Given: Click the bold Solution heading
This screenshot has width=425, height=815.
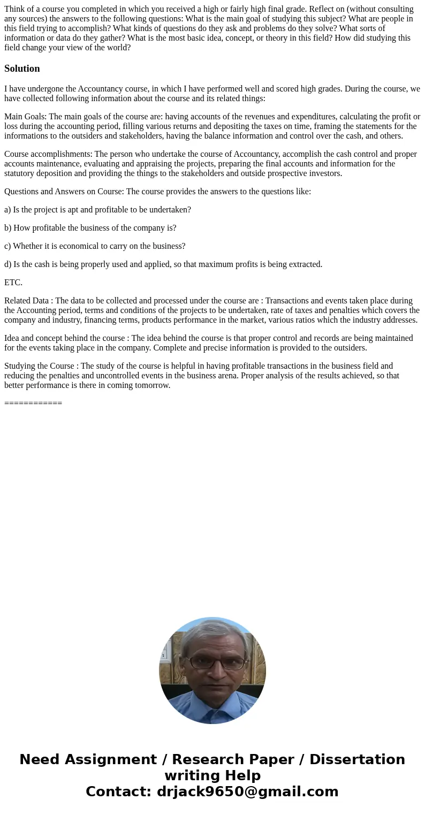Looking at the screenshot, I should click(x=22, y=68).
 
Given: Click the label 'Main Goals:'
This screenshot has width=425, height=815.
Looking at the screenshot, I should click(x=25, y=117).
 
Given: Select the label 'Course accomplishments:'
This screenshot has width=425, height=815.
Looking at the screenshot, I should click(x=48, y=154).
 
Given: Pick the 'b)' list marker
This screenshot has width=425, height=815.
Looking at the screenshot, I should click(x=8, y=228).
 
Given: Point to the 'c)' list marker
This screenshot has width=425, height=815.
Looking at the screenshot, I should click(x=7, y=246).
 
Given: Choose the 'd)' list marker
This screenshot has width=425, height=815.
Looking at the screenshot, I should click(x=8, y=264).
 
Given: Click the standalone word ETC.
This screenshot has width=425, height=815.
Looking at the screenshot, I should click(x=13, y=283).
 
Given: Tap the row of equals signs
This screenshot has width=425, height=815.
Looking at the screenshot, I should click(x=33, y=403).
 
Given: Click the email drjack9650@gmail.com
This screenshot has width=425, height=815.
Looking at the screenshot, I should click(x=247, y=791).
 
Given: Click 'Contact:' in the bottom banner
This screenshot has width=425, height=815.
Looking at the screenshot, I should click(x=118, y=791).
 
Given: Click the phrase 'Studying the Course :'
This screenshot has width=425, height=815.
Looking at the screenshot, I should click(x=41, y=366).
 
